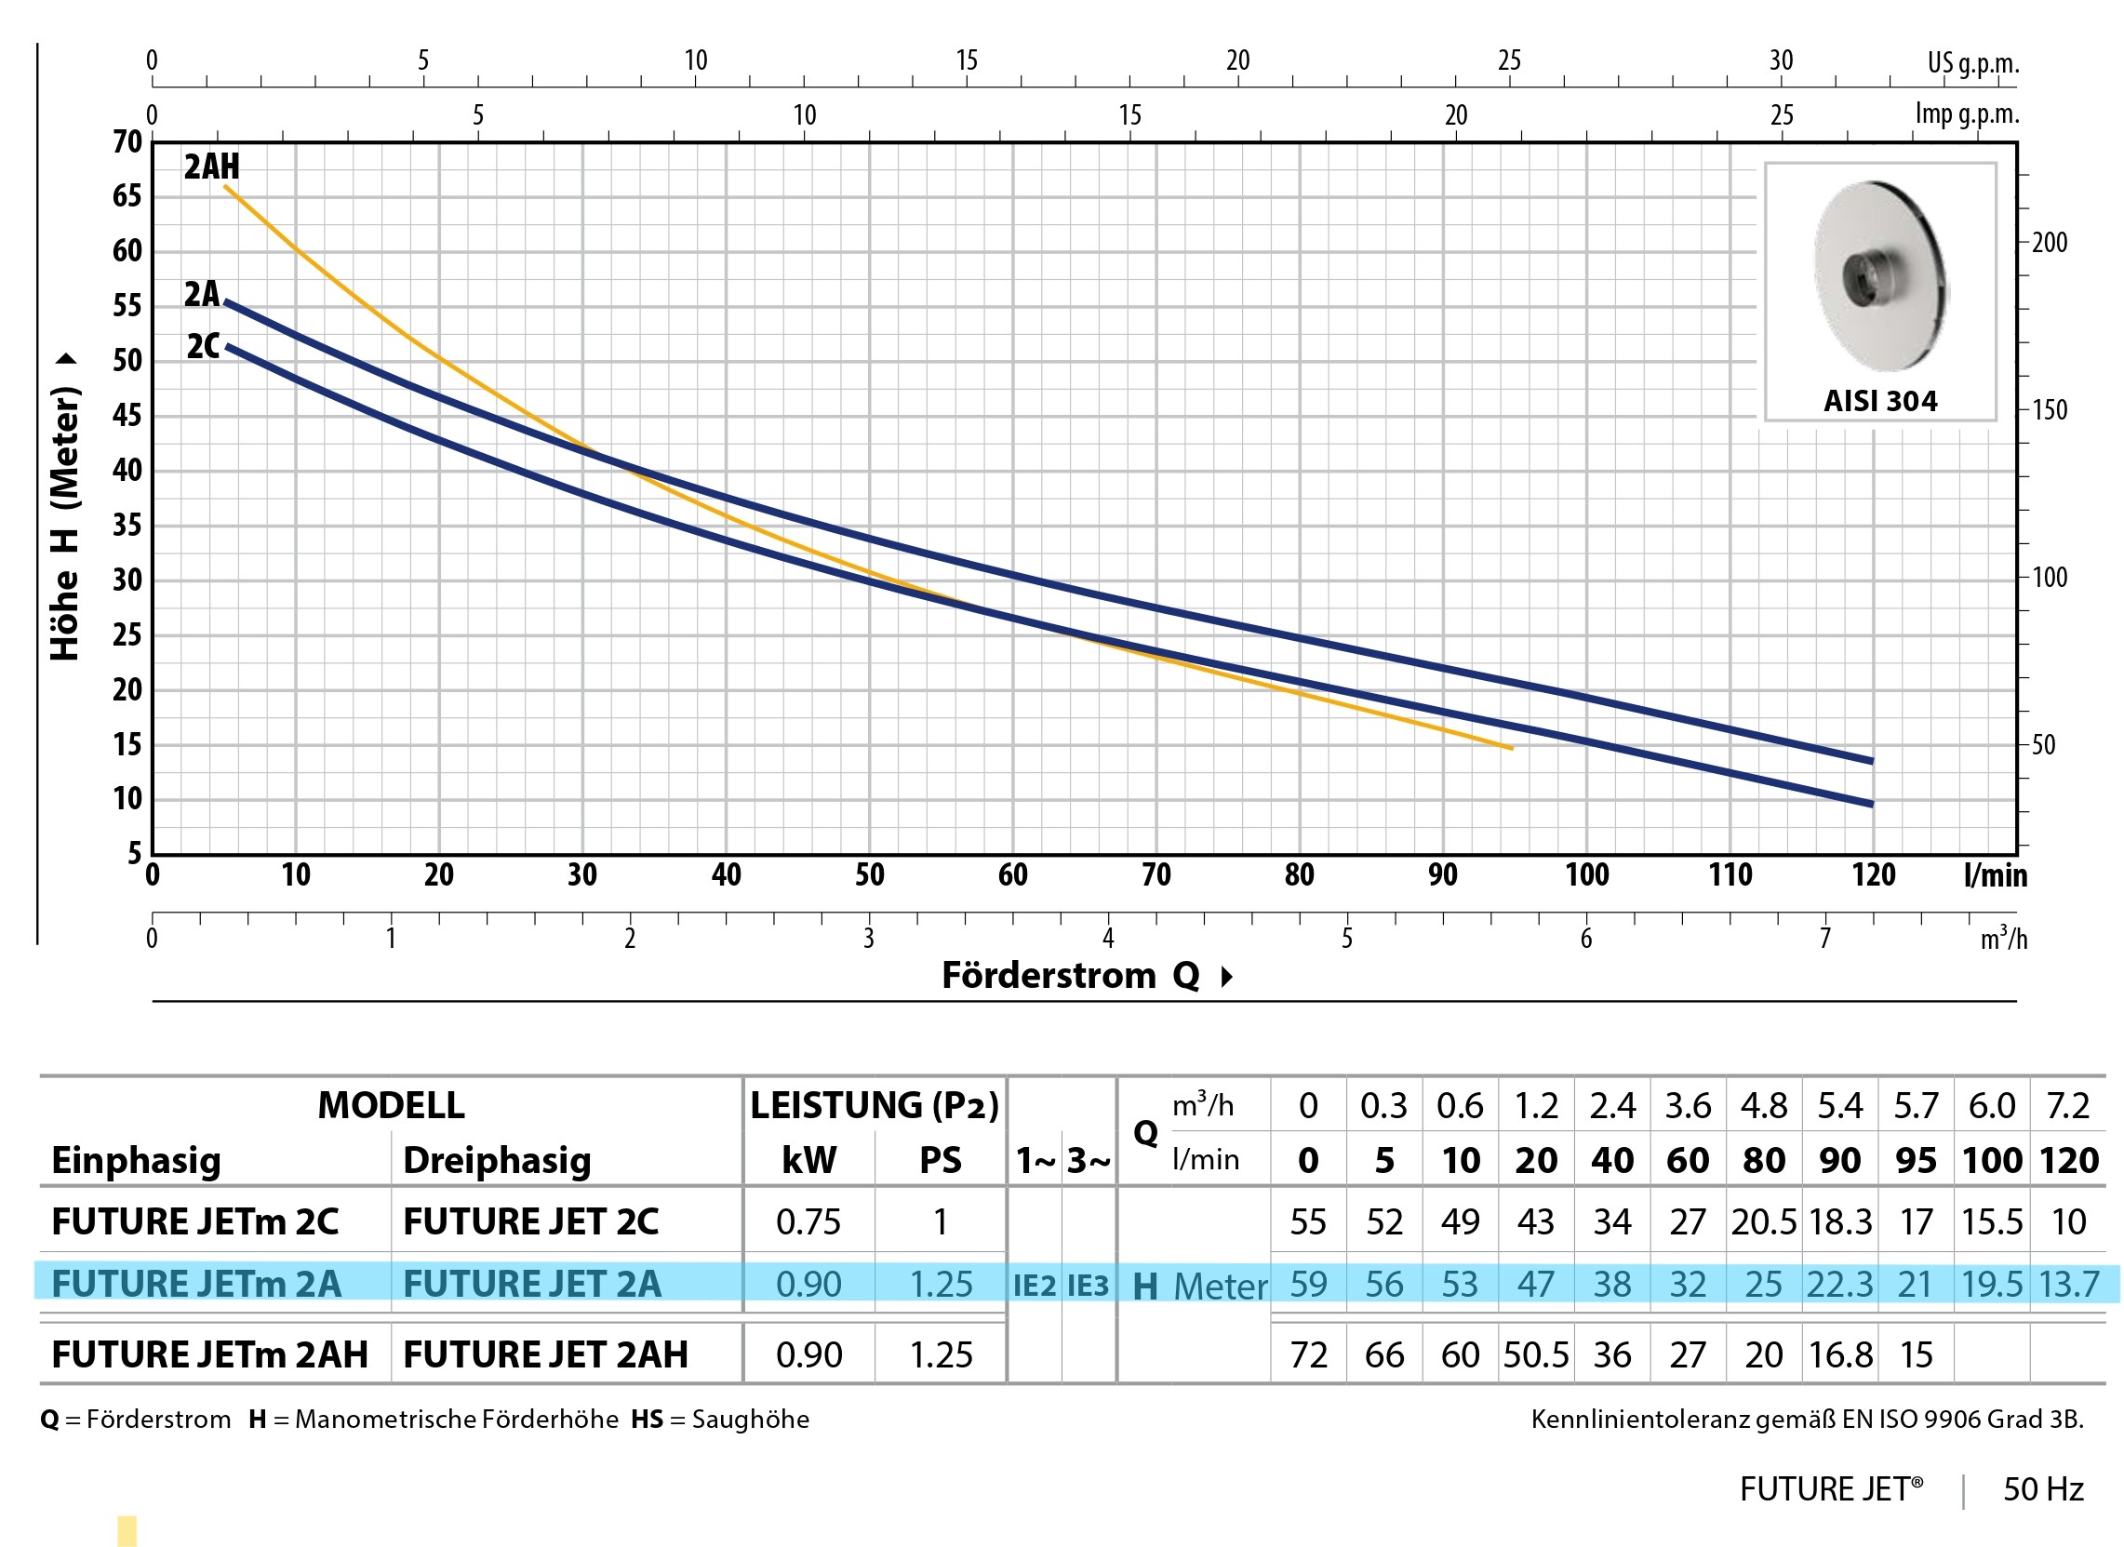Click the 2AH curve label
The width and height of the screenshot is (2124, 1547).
coord(211,167)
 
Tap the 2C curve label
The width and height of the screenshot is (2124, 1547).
coord(203,346)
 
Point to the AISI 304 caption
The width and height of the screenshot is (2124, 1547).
coord(1879,401)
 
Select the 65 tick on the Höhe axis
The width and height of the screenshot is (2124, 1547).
coord(127,195)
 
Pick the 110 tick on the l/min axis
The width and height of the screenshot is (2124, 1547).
coord(1730,874)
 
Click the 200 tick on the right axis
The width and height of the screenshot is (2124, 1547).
coord(2049,243)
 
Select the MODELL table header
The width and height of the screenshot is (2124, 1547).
coord(391,1105)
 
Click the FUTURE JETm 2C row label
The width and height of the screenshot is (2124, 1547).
coord(194,1221)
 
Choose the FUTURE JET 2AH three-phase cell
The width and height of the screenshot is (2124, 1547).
coord(545,1354)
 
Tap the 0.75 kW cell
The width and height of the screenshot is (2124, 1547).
coord(808,1221)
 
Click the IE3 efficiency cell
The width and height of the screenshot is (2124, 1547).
coord(1088,1285)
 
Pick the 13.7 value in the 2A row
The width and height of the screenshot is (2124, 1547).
coord(2069,1284)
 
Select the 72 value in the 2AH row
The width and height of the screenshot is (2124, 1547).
coord(1308,1354)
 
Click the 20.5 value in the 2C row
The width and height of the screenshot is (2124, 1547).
coord(1763,1221)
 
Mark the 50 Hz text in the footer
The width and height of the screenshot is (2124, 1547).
coord(2043,1489)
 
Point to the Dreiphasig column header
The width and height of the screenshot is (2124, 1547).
coord(497,1160)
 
